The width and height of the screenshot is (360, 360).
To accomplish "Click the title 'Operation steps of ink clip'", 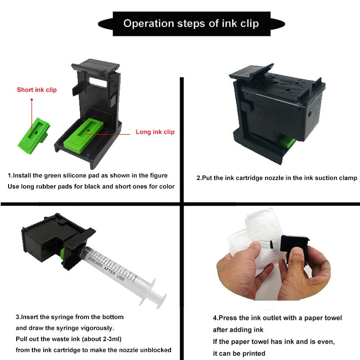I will [191, 23].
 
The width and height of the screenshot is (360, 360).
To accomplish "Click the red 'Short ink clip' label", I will [37, 90].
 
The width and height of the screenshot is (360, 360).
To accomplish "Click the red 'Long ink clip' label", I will [155, 132].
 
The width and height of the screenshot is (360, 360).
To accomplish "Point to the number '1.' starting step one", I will [10, 175].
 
